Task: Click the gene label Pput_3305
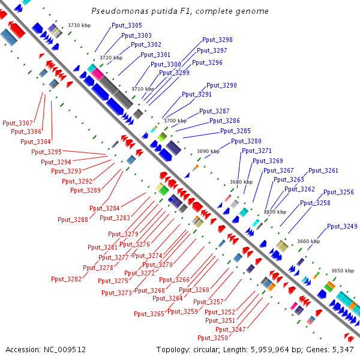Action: [127, 25]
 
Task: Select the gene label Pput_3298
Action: [217, 40]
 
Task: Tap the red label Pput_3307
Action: [17, 123]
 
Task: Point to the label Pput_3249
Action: [342, 226]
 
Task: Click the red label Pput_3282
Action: [66, 278]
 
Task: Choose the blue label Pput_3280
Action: [246, 142]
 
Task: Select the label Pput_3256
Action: [338, 192]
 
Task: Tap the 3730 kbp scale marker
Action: [79, 25]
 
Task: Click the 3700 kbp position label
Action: [175, 121]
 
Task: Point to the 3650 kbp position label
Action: [342, 271]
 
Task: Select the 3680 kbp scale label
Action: [241, 182]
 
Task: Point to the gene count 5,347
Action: [342, 349]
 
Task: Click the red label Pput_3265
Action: [149, 314]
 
